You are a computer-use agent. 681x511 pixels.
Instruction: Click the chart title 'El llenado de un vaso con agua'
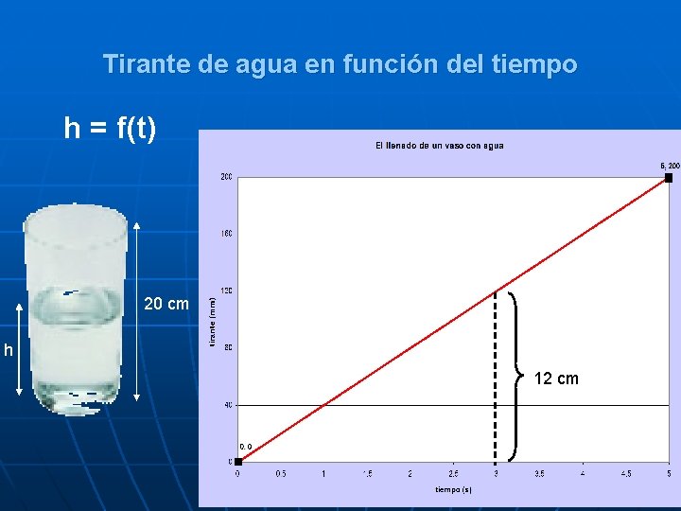pos(439,145)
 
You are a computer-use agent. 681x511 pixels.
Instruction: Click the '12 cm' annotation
pos(556,379)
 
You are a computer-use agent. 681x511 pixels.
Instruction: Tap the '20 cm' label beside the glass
pos(166,305)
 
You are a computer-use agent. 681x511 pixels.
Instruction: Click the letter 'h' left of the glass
pos(8,351)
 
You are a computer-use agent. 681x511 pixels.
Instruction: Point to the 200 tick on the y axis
pos(227,177)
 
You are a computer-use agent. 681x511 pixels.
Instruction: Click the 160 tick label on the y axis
pos(227,234)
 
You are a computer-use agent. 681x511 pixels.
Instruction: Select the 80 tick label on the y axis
pos(228,347)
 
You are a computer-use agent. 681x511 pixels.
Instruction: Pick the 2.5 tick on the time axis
pos(452,473)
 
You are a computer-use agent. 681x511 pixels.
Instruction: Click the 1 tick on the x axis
pos(323,473)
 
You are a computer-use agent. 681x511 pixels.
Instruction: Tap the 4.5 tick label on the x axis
pos(625,473)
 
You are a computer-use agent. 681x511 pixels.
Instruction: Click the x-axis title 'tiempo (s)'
pos(453,489)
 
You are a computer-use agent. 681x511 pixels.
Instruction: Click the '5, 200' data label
pos(669,166)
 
